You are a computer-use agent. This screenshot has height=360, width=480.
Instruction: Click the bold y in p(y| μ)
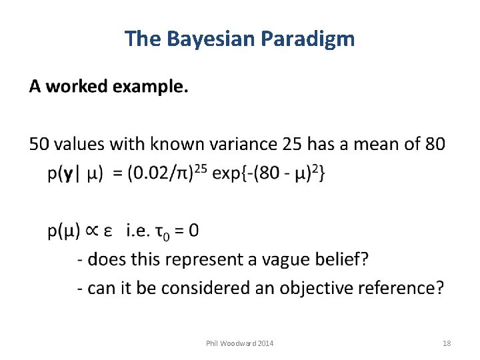coord(67,175)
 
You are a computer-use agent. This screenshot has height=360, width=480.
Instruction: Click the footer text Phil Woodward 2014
coord(239,343)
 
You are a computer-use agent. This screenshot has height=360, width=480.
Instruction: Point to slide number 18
coord(447,343)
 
